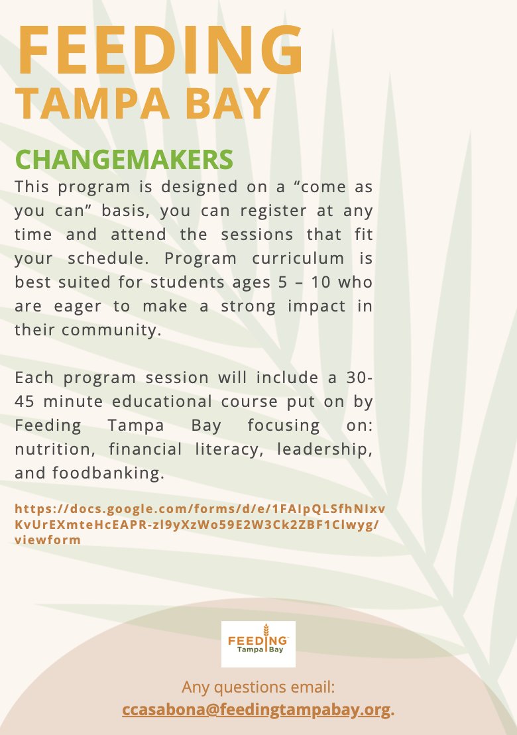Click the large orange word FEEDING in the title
tap(160, 51)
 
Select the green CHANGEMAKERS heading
tap(124, 159)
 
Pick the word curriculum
tap(296, 258)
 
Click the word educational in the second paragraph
tap(167, 402)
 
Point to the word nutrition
tap(50, 449)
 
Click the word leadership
tap(323, 449)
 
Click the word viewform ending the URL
tap(47, 540)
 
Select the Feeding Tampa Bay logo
tap(258, 644)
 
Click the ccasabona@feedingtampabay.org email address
tap(257, 709)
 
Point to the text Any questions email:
tap(258, 686)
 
